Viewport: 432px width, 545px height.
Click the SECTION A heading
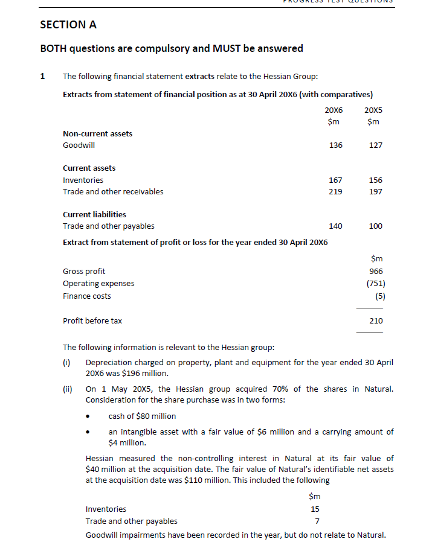coord(68,25)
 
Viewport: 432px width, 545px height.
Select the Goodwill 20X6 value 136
coord(335,145)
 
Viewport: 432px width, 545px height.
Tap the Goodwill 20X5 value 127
coord(375,145)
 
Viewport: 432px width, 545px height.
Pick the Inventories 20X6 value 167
coord(335,180)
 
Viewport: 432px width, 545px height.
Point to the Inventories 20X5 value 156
coord(375,180)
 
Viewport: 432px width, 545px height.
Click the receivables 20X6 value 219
coord(335,192)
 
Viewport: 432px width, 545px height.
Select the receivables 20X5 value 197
coord(375,192)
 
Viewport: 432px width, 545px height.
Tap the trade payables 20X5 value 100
coord(375,226)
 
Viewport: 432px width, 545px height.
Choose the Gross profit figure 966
coord(376,272)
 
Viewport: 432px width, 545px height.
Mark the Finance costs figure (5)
coord(380,296)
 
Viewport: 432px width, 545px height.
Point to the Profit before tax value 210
coord(376,321)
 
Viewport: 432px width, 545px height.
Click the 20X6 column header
coord(334,111)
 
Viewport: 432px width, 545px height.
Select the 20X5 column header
coord(374,111)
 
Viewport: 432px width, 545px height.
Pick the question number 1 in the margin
coord(42,77)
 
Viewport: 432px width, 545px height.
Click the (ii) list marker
coord(68,389)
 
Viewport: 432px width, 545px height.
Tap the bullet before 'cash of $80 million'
coord(89,416)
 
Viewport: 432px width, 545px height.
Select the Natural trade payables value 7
coord(317,521)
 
